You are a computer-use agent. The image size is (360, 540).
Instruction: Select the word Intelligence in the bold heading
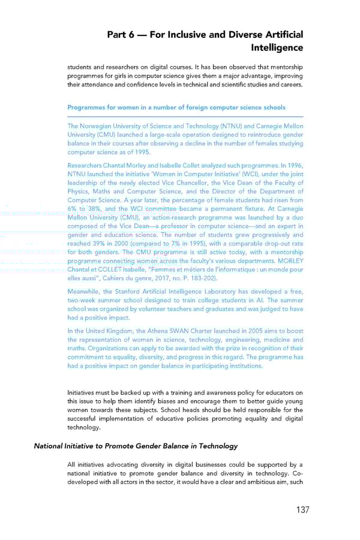click(x=277, y=48)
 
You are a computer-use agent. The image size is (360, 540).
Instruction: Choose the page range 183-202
click(x=202, y=278)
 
